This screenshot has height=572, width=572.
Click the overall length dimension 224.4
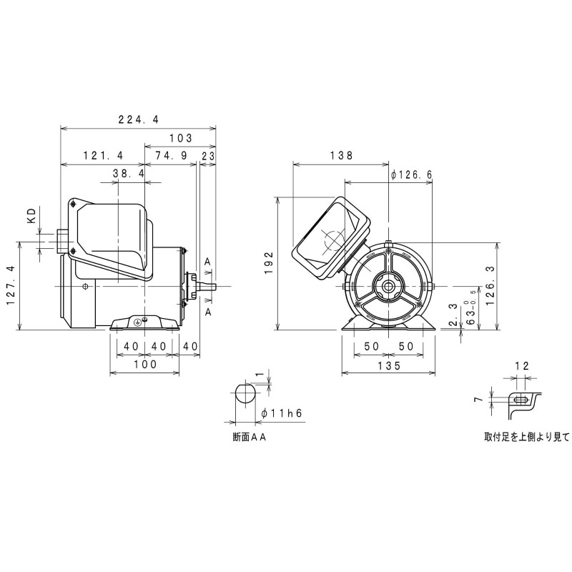click(139, 120)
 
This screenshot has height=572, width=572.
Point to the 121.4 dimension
click(103, 156)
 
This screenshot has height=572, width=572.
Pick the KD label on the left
click(32, 217)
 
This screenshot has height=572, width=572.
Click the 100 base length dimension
click(144, 365)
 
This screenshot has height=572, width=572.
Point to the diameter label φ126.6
click(413, 174)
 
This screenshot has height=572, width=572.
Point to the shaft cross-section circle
click(245, 394)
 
